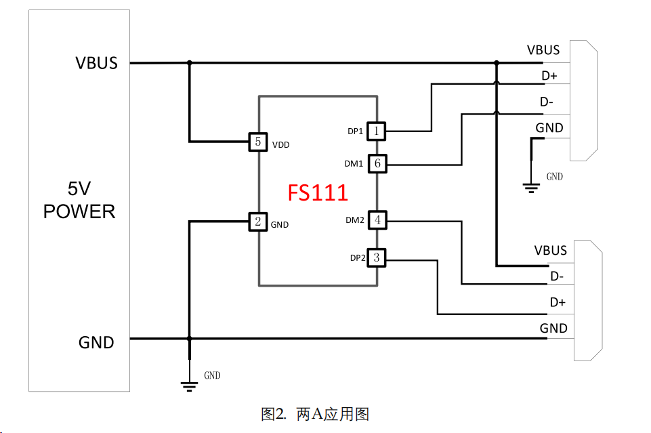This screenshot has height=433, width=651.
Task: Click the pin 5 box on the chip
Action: click(257, 142)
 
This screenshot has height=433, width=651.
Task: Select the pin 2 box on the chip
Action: click(257, 221)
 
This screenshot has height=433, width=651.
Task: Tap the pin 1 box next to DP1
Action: click(377, 131)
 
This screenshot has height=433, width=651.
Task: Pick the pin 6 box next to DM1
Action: click(377, 163)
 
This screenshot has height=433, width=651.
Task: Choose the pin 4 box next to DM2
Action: click(377, 220)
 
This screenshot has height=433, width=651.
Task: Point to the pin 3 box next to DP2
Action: click(377, 257)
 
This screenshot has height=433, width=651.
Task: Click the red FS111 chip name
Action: click(318, 192)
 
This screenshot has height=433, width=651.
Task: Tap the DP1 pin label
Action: click(356, 131)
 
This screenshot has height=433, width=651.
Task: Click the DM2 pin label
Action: click(355, 220)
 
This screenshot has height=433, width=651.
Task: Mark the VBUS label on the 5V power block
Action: click(97, 63)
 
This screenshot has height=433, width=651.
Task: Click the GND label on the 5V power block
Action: click(96, 342)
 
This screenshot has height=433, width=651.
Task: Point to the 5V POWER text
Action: click(79, 201)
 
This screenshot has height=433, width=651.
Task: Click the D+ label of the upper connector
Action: click(549, 75)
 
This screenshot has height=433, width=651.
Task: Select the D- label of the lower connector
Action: click(557, 276)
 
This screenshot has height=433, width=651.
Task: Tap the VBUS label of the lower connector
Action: click(550, 251)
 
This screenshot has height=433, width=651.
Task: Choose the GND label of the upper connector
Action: click(549, 128)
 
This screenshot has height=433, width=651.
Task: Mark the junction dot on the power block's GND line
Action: click(190, 338)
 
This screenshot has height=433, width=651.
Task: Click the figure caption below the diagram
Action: click(314, 414)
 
